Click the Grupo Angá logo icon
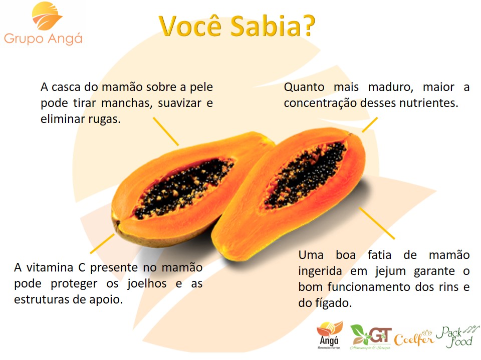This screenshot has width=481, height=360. pos(47,16)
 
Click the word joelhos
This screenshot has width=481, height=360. pos(147,284)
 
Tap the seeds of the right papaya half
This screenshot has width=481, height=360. pos(306,175)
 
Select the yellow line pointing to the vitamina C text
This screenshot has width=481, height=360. pos(102,244)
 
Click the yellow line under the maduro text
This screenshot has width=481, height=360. pos(370,125)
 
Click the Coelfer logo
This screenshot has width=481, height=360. pos(414,338)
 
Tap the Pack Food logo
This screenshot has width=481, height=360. pos(457,336)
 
